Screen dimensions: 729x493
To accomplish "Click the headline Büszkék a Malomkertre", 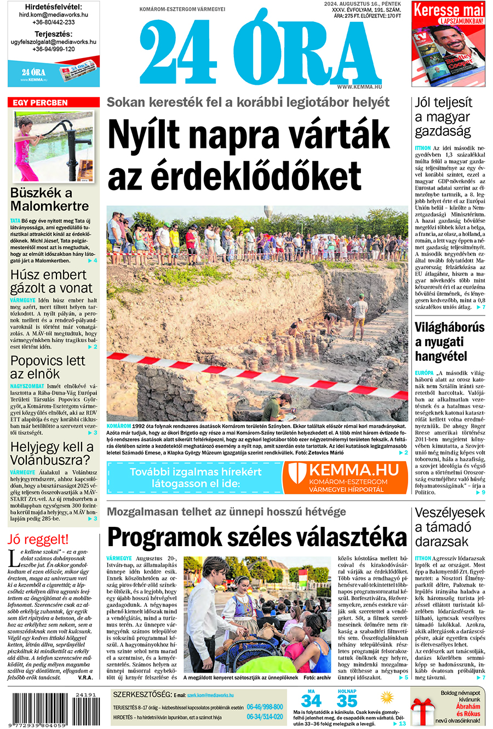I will [x=49, y=200].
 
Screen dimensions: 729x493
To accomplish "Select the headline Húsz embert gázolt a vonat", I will [x=51, y=281].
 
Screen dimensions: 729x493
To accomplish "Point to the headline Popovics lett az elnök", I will [x=48, y=368].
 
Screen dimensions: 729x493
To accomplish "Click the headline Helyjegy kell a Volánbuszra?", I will [x=52, y=454].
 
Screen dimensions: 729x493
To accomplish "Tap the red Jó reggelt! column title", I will [x=38, y=539].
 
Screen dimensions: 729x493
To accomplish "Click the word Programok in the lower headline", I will [x=187, y=537].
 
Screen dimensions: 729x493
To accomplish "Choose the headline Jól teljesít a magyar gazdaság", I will [x=443, y=117].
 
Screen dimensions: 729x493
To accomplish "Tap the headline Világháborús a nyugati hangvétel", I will [x=449, y=342].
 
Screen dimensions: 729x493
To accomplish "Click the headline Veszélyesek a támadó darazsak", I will [x=449, y=527].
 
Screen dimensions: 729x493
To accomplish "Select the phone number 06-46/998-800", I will [x=265, y=707].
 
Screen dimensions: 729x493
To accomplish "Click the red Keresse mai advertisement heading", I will [x=448, y=10].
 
